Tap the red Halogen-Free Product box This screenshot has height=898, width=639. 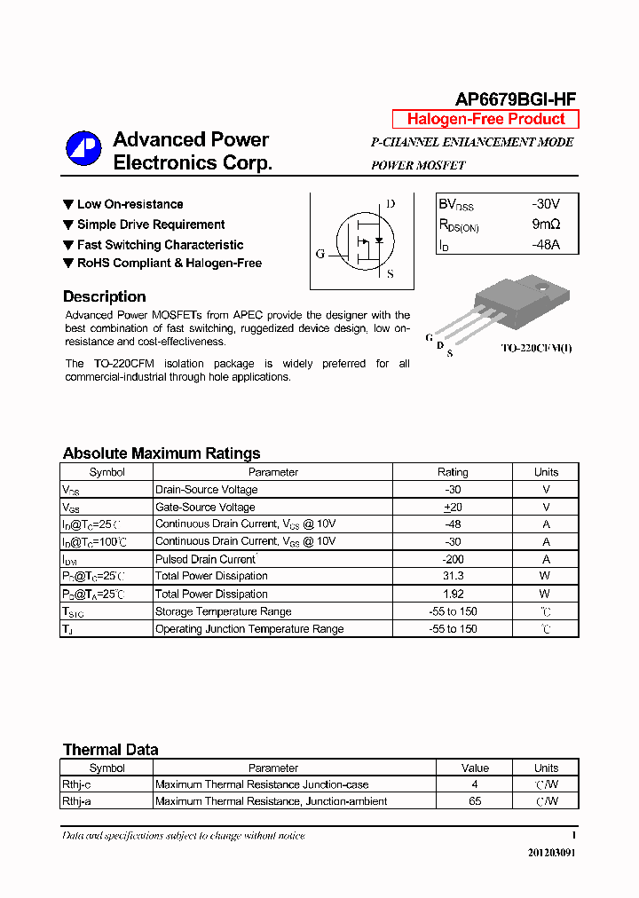tap(485, 120)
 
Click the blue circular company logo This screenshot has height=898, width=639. tap(84, 148)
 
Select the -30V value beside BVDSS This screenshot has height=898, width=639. tap(546, 204)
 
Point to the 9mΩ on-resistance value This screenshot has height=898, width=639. tap(546, 225)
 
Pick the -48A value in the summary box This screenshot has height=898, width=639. tap(546, 246)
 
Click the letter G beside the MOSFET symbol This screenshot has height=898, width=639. tap(320, 254)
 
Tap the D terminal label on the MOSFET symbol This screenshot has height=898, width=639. tap(390, 204)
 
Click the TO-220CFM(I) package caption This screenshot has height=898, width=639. tap(536, 349)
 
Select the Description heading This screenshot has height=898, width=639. tap(105, 297)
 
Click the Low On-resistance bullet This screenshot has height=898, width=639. tap(130, 204)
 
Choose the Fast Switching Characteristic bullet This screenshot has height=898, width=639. tap(160, 245)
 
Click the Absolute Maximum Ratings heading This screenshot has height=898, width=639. tap(162, 453)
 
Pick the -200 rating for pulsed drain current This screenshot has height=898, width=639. tap(453, 559)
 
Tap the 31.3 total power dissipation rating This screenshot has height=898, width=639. tap(453, 577)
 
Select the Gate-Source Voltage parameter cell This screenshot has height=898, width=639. tap(205, 508)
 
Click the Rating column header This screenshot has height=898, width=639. tap(453, 472)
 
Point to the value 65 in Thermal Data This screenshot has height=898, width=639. tap(475, 801)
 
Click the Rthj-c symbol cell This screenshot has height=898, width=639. tap(77, 784)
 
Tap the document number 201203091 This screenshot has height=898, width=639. tap(551, 853)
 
